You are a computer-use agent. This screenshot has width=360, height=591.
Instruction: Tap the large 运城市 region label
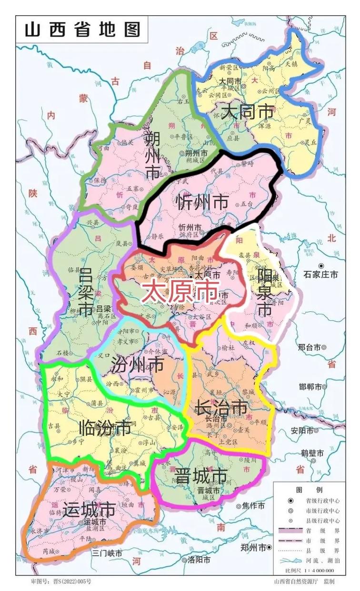(89, 511)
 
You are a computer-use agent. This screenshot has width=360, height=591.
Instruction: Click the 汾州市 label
(137, 365)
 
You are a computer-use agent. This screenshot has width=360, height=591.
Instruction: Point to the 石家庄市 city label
(321, 274)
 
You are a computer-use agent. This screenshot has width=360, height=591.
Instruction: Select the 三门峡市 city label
(107, 553)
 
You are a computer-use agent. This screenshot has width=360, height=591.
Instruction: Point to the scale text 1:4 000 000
(320, 570)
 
